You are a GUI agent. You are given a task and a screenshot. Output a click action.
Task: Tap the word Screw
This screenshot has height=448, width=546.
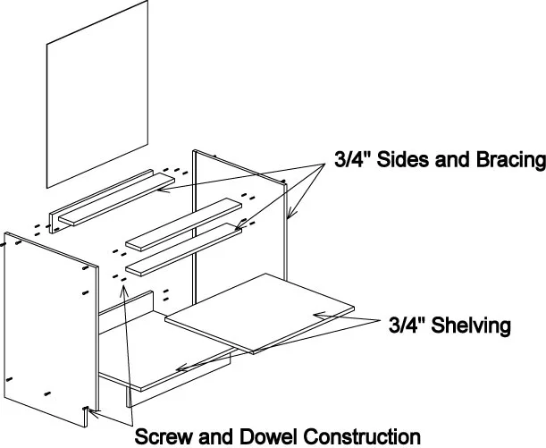pyautogui.click(x=161, y=436)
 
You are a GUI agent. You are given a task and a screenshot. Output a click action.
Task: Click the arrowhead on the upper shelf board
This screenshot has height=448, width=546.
pyautogui.click(x=320, y=314)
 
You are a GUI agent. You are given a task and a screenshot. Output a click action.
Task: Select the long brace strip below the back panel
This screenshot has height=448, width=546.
pyautogui.click(x=112, y=199)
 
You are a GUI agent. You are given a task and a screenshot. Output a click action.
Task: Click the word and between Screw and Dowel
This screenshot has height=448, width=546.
pyautogui.click(x=213, y=436)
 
